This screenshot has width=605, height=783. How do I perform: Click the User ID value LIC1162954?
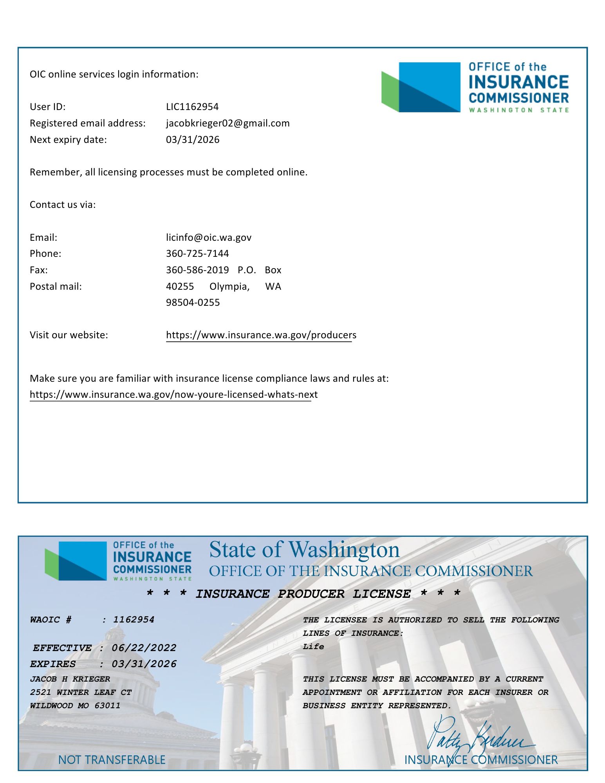(x=192, y=107)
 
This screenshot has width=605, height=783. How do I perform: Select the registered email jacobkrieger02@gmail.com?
(x=228, y=123)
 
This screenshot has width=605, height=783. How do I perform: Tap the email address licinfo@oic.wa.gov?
(x=208, y=238)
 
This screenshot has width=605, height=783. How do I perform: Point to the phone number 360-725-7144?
(x=197, y=254)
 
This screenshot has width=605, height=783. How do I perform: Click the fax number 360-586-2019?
(x=197, y=270)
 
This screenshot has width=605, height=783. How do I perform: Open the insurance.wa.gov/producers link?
(x=261, y=335)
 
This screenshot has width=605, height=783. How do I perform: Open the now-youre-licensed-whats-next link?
(x=173, y=395)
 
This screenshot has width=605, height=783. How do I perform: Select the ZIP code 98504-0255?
(x=193, y=303)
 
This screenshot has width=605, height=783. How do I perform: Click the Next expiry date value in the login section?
(x=192, y=140)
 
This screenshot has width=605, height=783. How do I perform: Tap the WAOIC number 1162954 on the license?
(x=134, y=619)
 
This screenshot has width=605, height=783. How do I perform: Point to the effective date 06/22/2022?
(x=144, y=648)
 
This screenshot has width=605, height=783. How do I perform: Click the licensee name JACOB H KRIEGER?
(x=70, y=679)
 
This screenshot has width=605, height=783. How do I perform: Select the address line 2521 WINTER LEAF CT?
(x=81, y=692)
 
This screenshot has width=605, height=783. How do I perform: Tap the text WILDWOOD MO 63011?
(x=75, y=705)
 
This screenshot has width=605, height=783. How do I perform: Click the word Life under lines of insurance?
(x=313, y=646)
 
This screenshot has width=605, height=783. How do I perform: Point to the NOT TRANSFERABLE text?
(x=112, y=760)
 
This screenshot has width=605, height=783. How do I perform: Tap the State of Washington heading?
(x=304, y=550)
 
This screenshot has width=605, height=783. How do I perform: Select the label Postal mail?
(x=56, y=287)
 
